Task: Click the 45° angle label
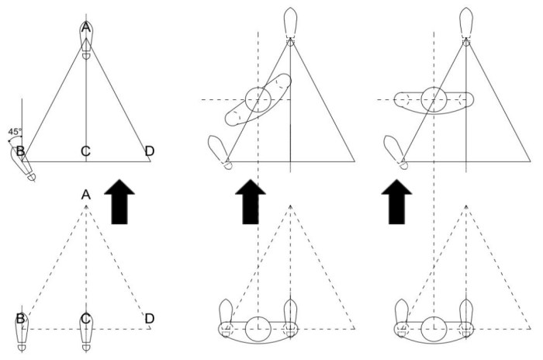click(15, 132)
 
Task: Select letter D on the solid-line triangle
click(149, 150)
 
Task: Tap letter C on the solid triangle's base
click(86, 150)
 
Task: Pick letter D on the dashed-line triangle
click(149, 318)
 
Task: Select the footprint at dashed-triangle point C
click(86, 330)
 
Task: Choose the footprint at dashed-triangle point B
click(22, 330)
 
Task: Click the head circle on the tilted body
click(258, 99)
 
